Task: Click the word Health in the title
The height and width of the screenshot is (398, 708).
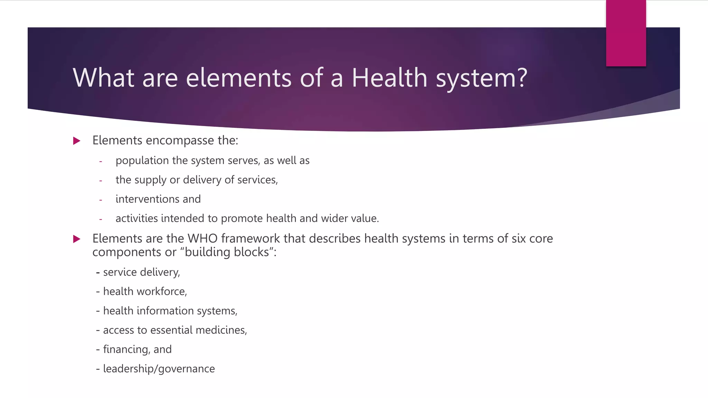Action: (389, 78)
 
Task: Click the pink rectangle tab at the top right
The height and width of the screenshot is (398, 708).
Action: (626, 33)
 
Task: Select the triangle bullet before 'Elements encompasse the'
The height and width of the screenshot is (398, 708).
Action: (77, 141)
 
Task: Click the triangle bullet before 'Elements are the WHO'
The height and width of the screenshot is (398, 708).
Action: (77, 239)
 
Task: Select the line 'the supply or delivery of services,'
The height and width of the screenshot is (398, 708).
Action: (197, 180)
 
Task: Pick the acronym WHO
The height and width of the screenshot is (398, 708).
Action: (202, 239)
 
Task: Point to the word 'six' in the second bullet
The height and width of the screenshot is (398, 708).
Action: (519, 239)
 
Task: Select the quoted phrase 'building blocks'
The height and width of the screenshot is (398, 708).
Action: (227, 252)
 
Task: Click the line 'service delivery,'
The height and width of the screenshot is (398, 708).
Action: (141, 272)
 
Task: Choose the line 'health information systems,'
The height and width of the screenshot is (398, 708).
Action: (170, 311)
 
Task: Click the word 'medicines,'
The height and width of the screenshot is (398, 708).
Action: (221, 330)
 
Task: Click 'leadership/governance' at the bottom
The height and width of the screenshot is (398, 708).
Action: (159, 369)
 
